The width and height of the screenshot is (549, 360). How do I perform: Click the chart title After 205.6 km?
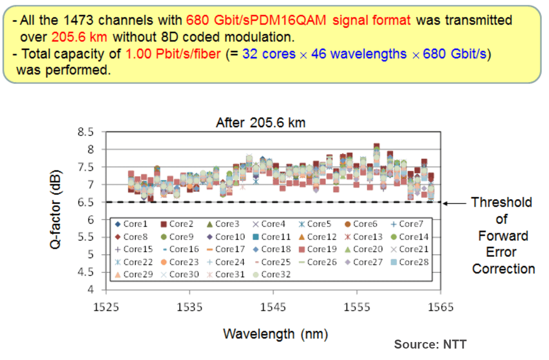click(x=260, y=123)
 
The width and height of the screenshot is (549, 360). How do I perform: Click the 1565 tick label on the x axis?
click(x=440, y=307)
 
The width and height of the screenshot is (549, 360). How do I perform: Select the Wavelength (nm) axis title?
click(x=275, y=334)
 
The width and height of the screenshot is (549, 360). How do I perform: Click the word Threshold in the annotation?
click(x=502, y=202)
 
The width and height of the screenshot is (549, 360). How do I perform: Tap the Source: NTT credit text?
click(x=430, y=344)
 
